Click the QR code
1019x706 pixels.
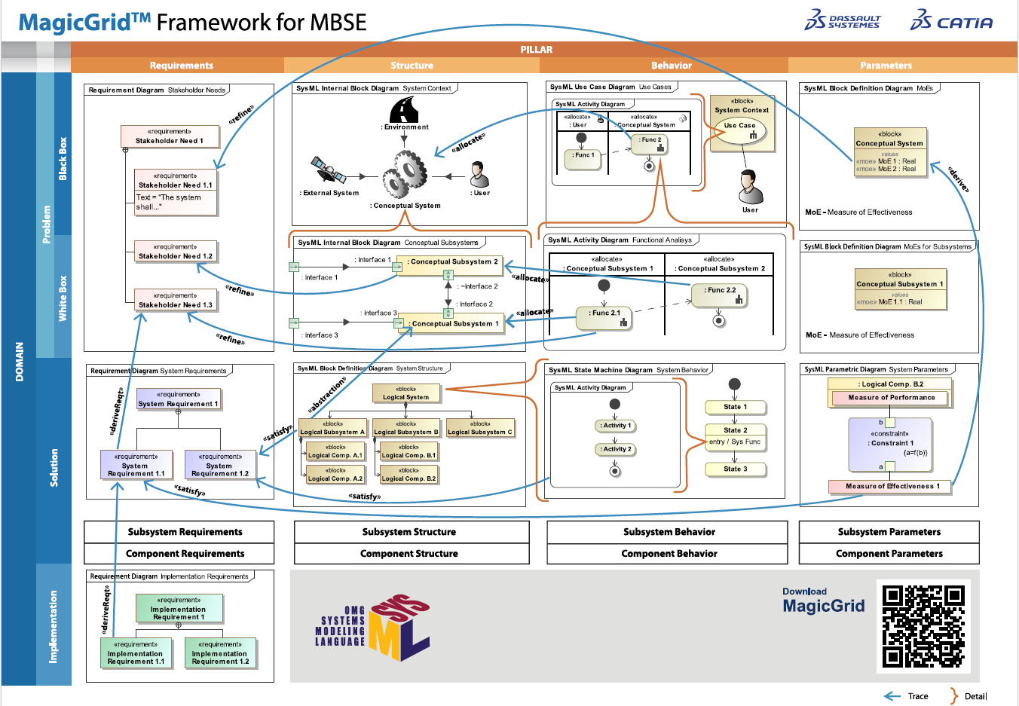pyautogui.click(x=923, y=626)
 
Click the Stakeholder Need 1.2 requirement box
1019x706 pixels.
pyautogui.click(x=176, y=252)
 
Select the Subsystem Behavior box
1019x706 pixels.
pyautogui.click(x=669, y=532)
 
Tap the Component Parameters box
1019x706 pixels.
pyautogui.click(x=889, y=554)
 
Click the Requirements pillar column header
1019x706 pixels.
pyautogui.click(x=181, y=66)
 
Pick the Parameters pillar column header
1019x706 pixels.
pyautogui.click(x=886, y=66)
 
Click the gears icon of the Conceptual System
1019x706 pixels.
pyautogui.click(x=404, y=173)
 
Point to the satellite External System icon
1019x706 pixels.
pyautogui.click(x=329, y=170)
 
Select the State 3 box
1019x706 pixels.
pyautogui.click(x=735, y=469)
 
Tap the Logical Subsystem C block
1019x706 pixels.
pyautogui.click(x=480, y=428)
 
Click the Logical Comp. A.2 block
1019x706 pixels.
pyautogui.click(x=335, y=475)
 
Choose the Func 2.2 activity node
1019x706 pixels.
pyautogui.click(x=721, y=295)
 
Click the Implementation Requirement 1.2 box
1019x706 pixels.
pyautogui.click(x=220, y=653)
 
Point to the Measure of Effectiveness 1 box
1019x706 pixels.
pyautogui.click(x=889, y=487)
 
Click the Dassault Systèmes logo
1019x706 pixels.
pyautogui.click(x=842, y=20)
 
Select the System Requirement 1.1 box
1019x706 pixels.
pyautogui.click(x=136, y=466)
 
